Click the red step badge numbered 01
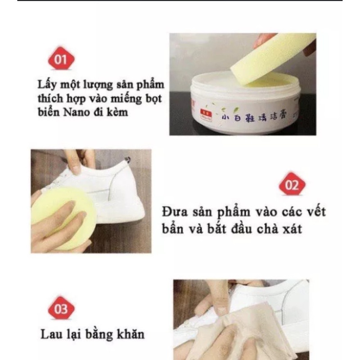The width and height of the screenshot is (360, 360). click(x=61, y=58)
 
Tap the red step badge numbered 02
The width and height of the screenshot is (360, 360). click(x=292, y=184)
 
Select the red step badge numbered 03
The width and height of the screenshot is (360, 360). click(x=61, y=308)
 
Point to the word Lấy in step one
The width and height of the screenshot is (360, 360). click(x=47, y=85)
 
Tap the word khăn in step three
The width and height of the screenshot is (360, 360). click(x=131, y=333)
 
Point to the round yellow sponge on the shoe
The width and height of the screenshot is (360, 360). click(x=63, y=218)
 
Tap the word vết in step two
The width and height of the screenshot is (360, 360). click(x=316, y=211)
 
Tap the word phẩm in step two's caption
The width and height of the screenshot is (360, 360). click(x=234, y=212)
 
